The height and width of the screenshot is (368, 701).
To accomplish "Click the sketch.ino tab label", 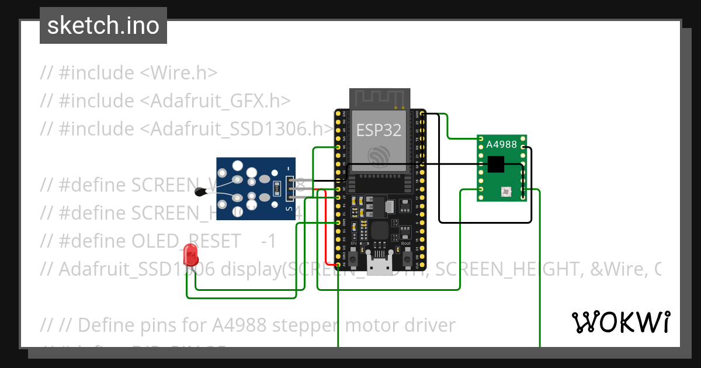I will click(103, 26).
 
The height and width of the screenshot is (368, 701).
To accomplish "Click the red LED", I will click(190, 255).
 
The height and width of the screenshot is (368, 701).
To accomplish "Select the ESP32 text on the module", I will click(379, 130).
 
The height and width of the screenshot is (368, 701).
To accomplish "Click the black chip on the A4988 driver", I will click(495, 165).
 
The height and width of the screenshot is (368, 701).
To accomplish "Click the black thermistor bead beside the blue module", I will click(201, 190).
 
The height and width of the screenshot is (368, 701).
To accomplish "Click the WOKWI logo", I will click(620, 322).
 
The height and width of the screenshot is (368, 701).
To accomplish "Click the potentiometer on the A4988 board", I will click(505, 191).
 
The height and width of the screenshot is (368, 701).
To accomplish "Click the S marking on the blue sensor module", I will click(288, 207).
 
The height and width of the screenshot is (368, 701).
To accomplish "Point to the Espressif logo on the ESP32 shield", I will click(379, 155).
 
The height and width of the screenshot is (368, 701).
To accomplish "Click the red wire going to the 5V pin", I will click(325, 228).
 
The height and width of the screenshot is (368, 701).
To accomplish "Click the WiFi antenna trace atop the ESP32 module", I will click(379, 98).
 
